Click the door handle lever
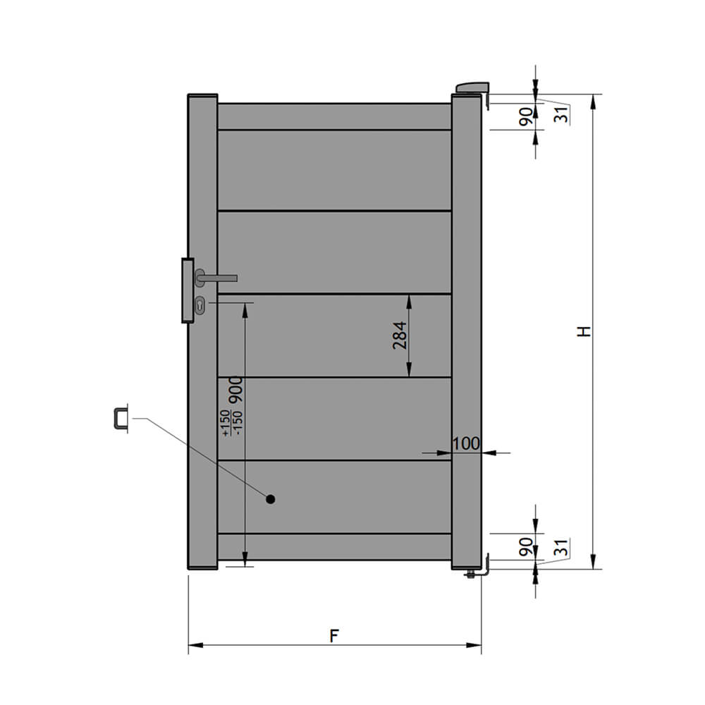pyautogui.click(x=216, y=278)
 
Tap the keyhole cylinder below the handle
pyautogui.click(x=200, y=306)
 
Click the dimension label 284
pyautogui.click(x=399, y=335)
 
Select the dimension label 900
pyautogui.click(x=235, y=389)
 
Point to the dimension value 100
pyautogui.click(x=466, y=443)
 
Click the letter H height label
pyautogui.click(x=584, y=331)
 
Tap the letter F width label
pyautogui.click(x=333, y=636)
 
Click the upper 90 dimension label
pyautogui.click(x=526, y=117)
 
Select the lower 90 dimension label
pyautogui.click(x=526, y=547)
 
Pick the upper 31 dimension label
pyautogui.click(x=561, y=115)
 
